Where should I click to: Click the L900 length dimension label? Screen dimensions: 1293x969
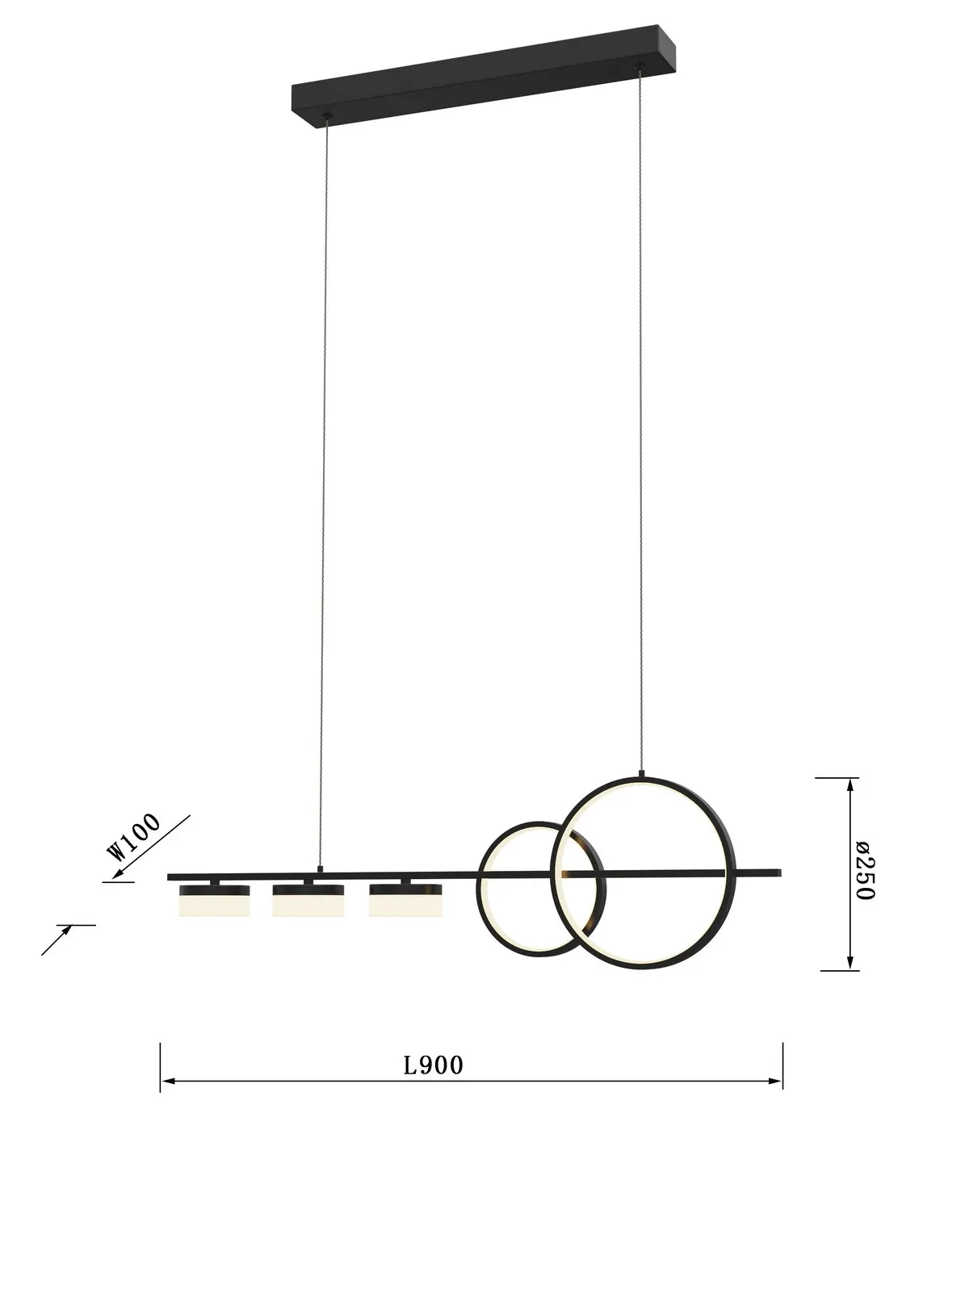[x=434, y=1065]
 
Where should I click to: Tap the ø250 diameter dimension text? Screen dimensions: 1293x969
[x=863, y=871]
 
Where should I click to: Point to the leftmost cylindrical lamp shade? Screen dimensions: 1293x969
[x=215, y=901]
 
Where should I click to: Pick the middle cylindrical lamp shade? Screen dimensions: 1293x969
[x=308, y=901]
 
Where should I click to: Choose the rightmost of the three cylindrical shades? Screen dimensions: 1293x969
[x=405, y=901]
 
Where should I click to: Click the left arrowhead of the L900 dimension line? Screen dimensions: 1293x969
[x=166, y=1081]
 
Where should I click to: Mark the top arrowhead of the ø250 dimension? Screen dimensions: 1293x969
[x=849, y=784]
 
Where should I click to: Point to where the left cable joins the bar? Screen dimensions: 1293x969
[x=321, y=868]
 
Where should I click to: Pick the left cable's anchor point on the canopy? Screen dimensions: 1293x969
[x=326, y=119]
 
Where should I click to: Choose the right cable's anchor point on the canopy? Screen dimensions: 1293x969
[x=642, y=68]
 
